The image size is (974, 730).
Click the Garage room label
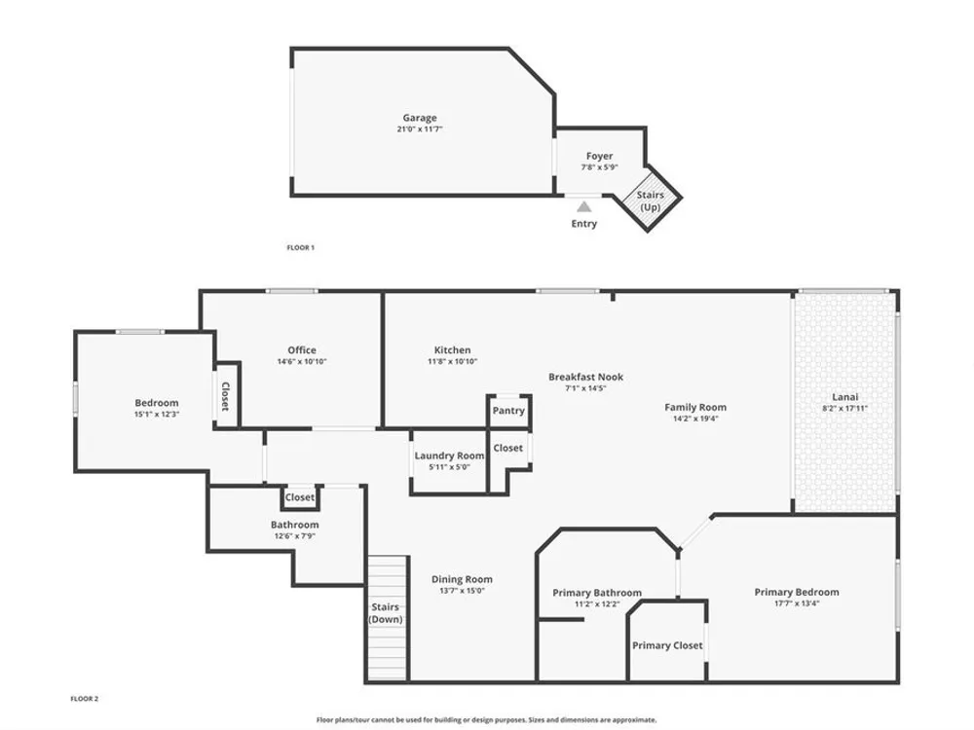[x=419, y=118]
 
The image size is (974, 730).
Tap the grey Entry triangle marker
[x=583, y=206]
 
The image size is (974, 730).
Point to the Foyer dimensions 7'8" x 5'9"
[x=599, y=167]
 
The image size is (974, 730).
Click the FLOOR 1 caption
[x=301, y=247]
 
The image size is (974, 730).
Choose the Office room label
[x=302, y=350]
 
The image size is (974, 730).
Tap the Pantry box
[x=508, y=411]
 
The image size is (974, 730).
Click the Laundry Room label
[x=449, y=456]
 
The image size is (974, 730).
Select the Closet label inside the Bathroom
[x=300, y=497]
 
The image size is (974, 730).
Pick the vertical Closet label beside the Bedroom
[x=225, y=396]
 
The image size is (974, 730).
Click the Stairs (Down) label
[x=386, y=613]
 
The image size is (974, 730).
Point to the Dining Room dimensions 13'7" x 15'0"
[x=462, y=591]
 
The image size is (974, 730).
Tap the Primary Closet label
[x=668, y=645]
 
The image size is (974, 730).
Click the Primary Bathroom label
[x=597, y=593]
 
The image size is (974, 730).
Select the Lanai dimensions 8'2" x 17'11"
[x=844, y=409]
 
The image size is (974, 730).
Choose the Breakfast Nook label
[x=585, y=377]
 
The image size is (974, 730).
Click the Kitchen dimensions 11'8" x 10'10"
[x=452, y=361]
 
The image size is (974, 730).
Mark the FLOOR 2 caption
[x=85, y=699]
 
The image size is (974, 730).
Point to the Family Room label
[x=695, y=407]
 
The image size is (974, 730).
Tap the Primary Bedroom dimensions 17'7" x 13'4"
[x=797, y=603]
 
